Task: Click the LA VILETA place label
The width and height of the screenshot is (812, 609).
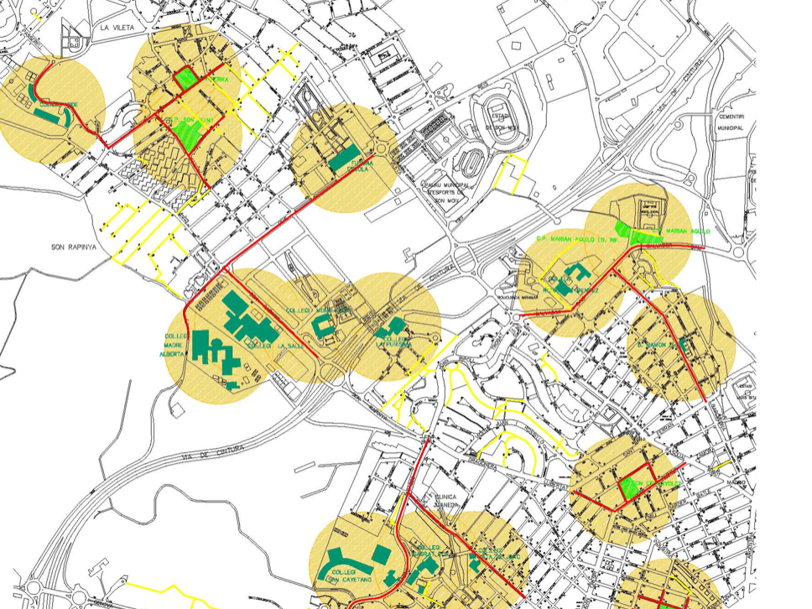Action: click(x=117, y=28)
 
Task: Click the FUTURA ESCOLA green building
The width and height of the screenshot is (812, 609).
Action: click(x=345, y=157)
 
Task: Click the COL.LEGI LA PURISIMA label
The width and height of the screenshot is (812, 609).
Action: click(x=394, y=344)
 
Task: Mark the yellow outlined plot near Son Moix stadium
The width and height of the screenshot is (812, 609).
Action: click(x=512, y=174)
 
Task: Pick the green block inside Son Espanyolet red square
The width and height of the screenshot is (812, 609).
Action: click(x=630, y=488)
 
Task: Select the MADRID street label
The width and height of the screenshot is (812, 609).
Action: click(x=736, y=482)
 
